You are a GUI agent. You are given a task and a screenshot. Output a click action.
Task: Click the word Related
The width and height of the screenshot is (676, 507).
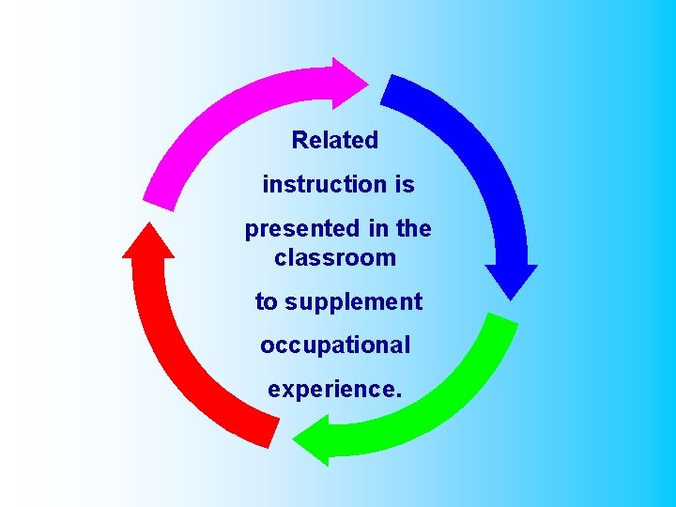pyautogui.click(x=335, y=141)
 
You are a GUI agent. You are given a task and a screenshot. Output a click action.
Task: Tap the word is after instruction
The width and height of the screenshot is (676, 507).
pyautogui.click(x=405, y=185)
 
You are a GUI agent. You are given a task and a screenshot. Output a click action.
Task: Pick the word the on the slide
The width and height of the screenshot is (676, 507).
pyautogui.click(x=414, y=228)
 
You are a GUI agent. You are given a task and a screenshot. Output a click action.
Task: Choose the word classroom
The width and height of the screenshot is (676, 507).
pyautogui.click(x=335, y=257)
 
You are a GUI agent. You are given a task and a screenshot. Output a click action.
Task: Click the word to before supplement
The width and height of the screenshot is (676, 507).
pyautogui.click(x=267, y=302)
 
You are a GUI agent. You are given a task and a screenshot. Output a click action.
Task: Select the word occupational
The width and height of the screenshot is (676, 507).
pyautogui.click(x=335, y=346)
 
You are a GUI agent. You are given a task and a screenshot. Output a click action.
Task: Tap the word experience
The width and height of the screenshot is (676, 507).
pyautogui.click(x=331, y=389)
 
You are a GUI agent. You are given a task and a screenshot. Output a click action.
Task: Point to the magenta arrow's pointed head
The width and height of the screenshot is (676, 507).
pyautogui.click(x=351, y=82)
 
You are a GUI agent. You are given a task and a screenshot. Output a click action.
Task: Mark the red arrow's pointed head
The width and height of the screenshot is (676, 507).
pyautogui.click(x=147, y=240)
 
